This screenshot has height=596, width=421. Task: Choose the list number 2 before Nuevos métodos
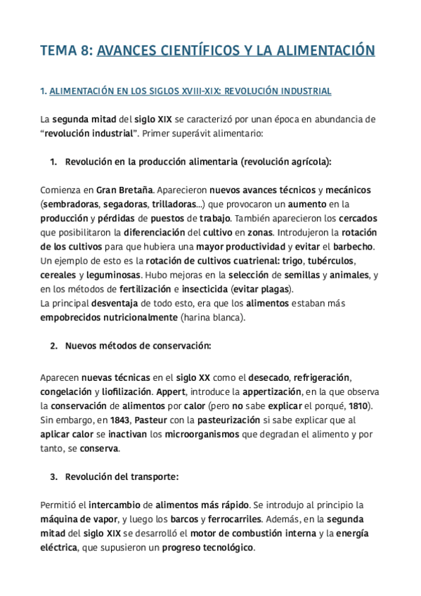[54, 346]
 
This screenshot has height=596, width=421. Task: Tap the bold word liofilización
[123, 391]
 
